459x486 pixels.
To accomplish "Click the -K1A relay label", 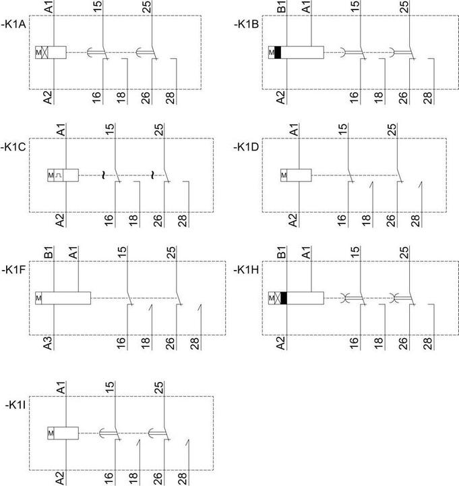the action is coord(14,24).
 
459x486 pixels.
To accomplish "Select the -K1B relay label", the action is coord(247,24).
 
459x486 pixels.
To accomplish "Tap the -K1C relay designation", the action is coord(13,147).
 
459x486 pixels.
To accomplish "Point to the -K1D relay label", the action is coord(247,147).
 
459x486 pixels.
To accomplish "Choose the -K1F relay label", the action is coord(13,270).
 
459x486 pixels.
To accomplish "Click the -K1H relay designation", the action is coord(247,270).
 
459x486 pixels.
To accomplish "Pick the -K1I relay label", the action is coord(16,406).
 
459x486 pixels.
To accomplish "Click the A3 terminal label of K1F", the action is coord(48,343).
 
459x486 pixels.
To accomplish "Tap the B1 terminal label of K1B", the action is coord(281,7).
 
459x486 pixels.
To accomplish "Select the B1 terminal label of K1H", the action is coord(281,253).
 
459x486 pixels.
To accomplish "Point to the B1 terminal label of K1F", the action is coord(49,253).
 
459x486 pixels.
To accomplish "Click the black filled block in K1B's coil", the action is coord(278,53).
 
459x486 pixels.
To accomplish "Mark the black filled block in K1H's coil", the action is coord(284,298).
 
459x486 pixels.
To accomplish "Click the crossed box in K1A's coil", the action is coord(45,53).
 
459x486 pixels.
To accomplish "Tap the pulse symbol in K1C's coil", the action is coord(59,175).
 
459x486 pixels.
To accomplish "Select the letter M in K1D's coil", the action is coord(284,175).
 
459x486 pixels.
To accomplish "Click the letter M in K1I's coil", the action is coord(51,433).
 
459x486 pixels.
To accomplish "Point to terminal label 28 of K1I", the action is coord(183,479).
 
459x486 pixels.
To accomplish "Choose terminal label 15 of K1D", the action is coord(342,130).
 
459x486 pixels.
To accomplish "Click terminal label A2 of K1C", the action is coord(60,220).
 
